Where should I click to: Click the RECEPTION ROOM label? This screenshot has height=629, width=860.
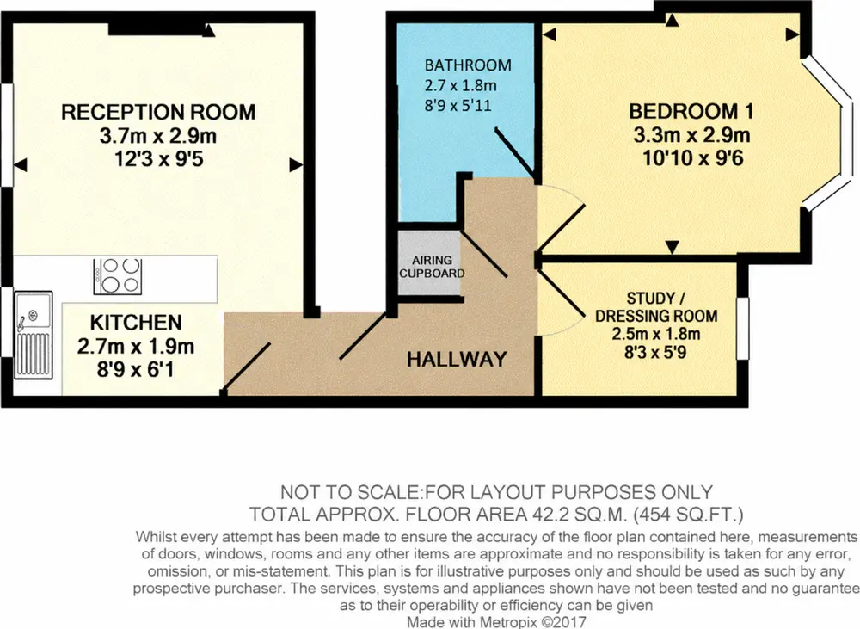tap(158, 112)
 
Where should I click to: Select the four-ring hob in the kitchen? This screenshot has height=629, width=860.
tap(117, 276)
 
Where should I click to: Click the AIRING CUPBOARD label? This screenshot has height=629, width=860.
tap(433, 267)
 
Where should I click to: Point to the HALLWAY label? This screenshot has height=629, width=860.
tap(457, 360)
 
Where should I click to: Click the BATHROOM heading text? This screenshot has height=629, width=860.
tap(468, 65)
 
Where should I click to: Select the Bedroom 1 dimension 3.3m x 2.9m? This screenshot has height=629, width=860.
tap(692, 135)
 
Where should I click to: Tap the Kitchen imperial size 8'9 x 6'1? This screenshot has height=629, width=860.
tap(136, 369)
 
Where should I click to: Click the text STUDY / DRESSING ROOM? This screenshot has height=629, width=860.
tap(656, 307)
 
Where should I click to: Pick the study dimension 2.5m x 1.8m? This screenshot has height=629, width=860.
tap(656, 334)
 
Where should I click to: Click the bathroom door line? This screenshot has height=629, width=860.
tap(515, 151)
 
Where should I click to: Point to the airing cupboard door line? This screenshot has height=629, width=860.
tap(483, 253)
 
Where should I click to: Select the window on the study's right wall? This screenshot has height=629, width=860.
tap(743, 329)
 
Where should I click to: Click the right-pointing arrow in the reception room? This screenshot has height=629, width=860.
tap(296, 164)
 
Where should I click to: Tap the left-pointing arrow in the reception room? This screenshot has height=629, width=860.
tap(21, 164)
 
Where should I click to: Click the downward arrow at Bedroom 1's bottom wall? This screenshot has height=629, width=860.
tap(673, 248)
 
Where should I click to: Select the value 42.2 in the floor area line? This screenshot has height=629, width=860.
tap(553, 515)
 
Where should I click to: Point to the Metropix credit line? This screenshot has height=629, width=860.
tap(496, 622)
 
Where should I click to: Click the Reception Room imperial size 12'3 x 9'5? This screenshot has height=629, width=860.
tap(158, 159)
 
